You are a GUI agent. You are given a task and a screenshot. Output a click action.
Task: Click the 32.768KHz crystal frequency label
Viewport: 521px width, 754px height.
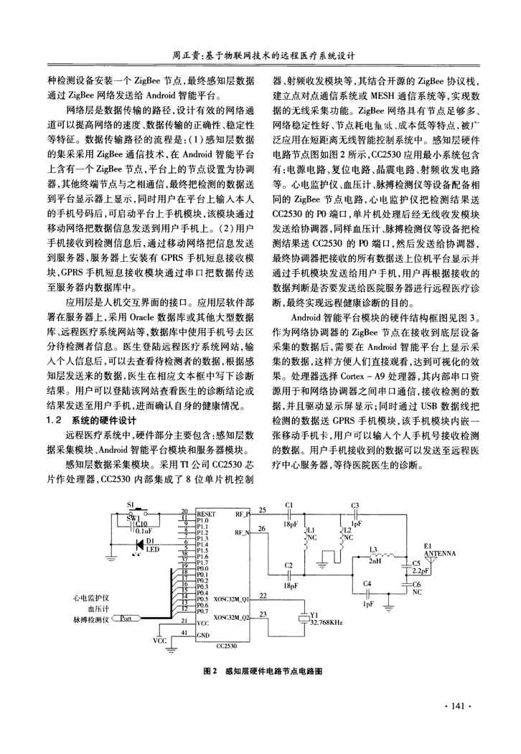327,623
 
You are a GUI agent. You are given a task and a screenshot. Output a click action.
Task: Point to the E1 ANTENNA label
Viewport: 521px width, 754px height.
438,550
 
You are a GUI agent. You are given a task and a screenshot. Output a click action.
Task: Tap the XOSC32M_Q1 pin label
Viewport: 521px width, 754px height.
230,597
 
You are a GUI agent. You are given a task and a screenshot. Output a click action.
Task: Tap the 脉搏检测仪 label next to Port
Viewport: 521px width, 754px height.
90,618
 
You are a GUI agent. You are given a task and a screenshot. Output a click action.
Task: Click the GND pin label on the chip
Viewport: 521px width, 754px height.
202,635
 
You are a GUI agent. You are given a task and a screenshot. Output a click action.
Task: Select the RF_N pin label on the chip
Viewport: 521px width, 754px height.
243,553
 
